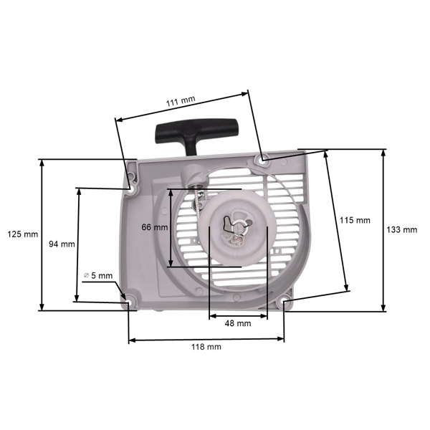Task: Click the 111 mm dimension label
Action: [180, 102]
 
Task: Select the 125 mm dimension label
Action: [21, 234]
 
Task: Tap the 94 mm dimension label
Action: [62, 244]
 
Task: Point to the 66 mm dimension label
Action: [155, 227]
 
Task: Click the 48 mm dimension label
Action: [237, 323]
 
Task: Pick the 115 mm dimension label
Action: [355, 220]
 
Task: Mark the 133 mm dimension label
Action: [401, 230]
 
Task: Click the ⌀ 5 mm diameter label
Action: [98, 275]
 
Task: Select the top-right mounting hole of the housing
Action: [264, 158]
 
